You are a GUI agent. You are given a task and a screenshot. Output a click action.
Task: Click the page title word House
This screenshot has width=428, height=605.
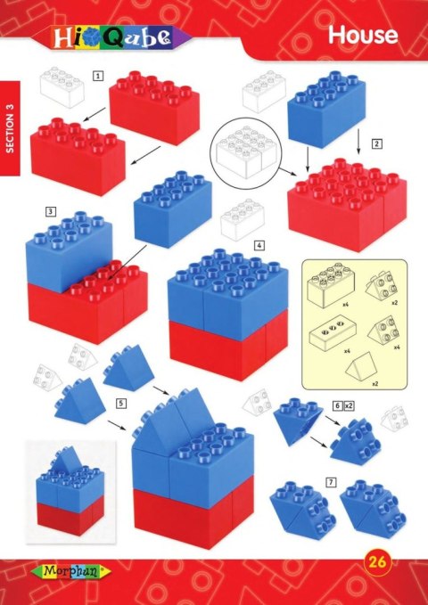(x=361, y=35)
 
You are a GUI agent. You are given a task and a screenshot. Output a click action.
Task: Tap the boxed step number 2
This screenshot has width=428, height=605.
(x=377, y=143)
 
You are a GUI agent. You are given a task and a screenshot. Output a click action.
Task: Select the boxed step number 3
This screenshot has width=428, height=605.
(x=52, y=211)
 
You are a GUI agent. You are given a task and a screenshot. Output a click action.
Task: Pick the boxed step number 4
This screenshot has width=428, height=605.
(x=258, y=244)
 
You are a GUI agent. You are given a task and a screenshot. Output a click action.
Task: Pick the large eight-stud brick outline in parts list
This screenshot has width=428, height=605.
(x=327, y=287)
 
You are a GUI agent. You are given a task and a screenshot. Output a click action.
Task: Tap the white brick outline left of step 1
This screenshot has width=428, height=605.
(x=61, y=87)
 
